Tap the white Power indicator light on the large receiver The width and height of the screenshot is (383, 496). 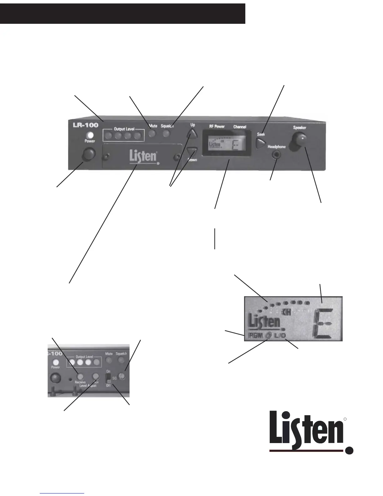(90, 135)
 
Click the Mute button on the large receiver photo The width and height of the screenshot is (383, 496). (152, 134)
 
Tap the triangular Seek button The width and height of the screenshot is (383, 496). (260, 143)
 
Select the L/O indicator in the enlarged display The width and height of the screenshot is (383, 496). (279, 336)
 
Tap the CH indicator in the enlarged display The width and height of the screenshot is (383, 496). (285, 312)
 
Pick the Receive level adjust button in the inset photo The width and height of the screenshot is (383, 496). (80, 376)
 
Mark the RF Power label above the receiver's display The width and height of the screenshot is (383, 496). (217, 127)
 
